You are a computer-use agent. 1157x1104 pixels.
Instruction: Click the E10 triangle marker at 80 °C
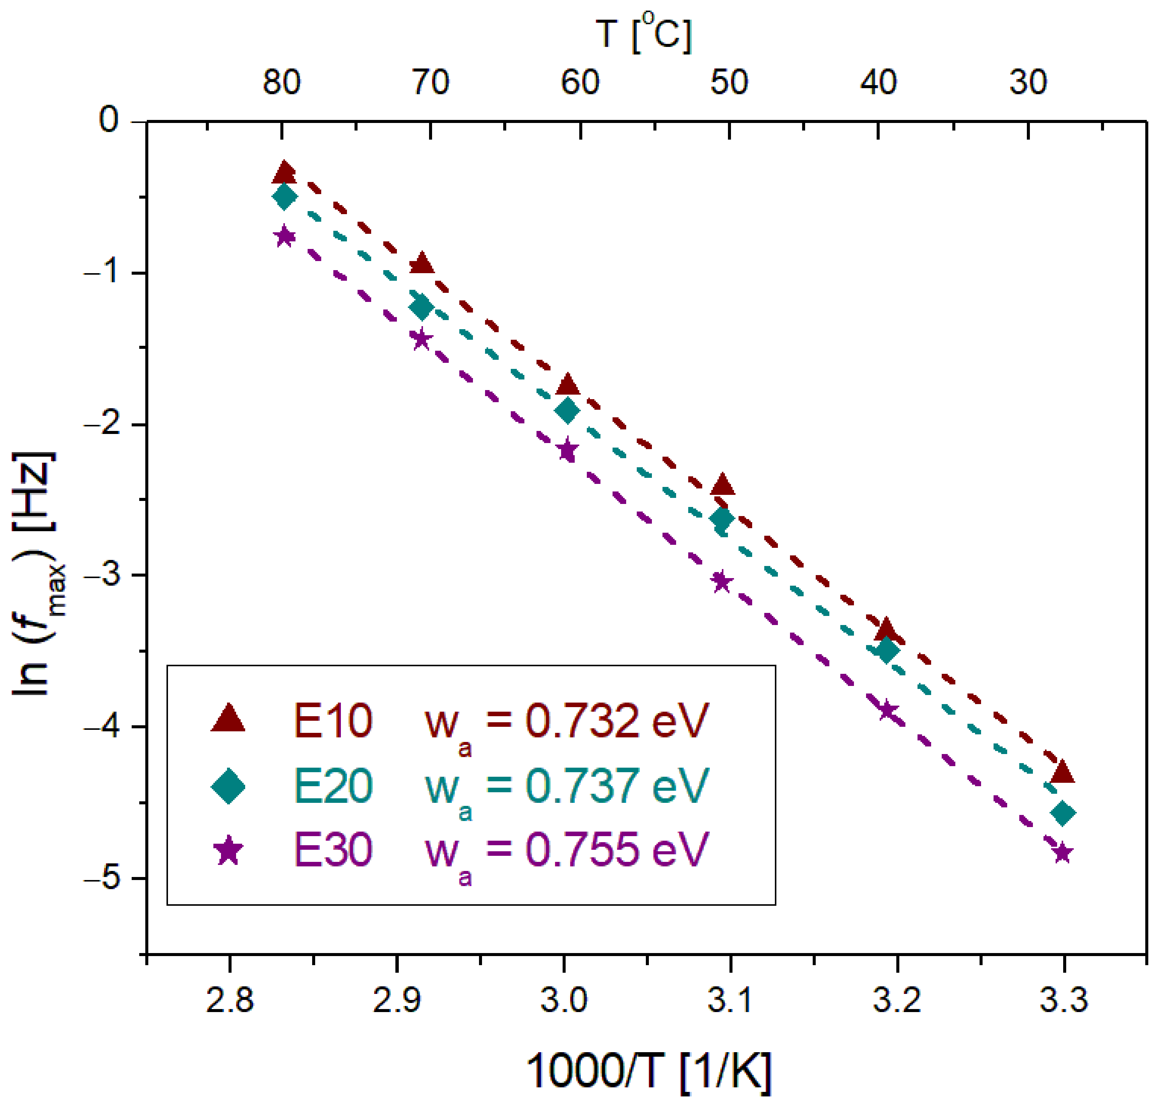coord(284,173)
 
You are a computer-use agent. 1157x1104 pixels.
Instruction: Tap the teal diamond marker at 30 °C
coord(1062,813)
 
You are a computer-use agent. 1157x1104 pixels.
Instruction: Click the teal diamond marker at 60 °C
coord(567,410)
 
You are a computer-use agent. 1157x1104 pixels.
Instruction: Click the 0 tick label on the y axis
coord(109,120)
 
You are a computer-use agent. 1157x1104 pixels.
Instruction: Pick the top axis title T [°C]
coord(643,34)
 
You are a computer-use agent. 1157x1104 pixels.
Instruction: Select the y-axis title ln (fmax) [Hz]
coord(36,574)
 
